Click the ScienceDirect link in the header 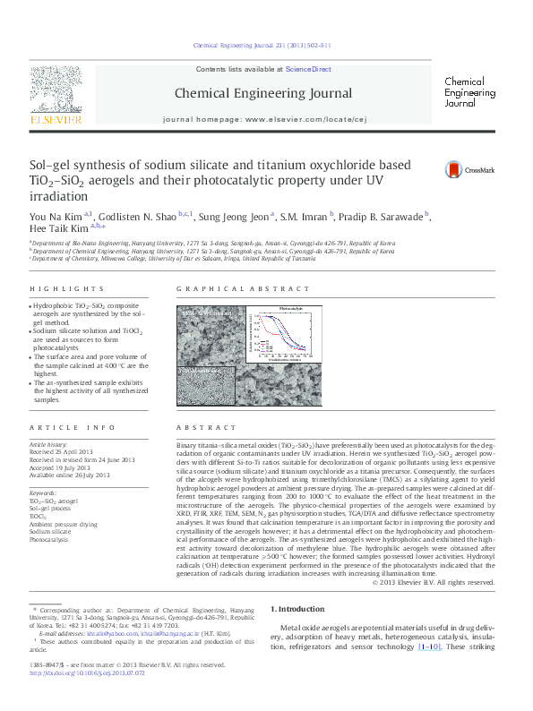pyautogui.click(x=308, y=69)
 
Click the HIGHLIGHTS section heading pyautogui.click(x=66, y=289)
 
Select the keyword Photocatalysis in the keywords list pyautogui.click(x=53, y=540)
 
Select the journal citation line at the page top pyautogui.click(x=262, y=46)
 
